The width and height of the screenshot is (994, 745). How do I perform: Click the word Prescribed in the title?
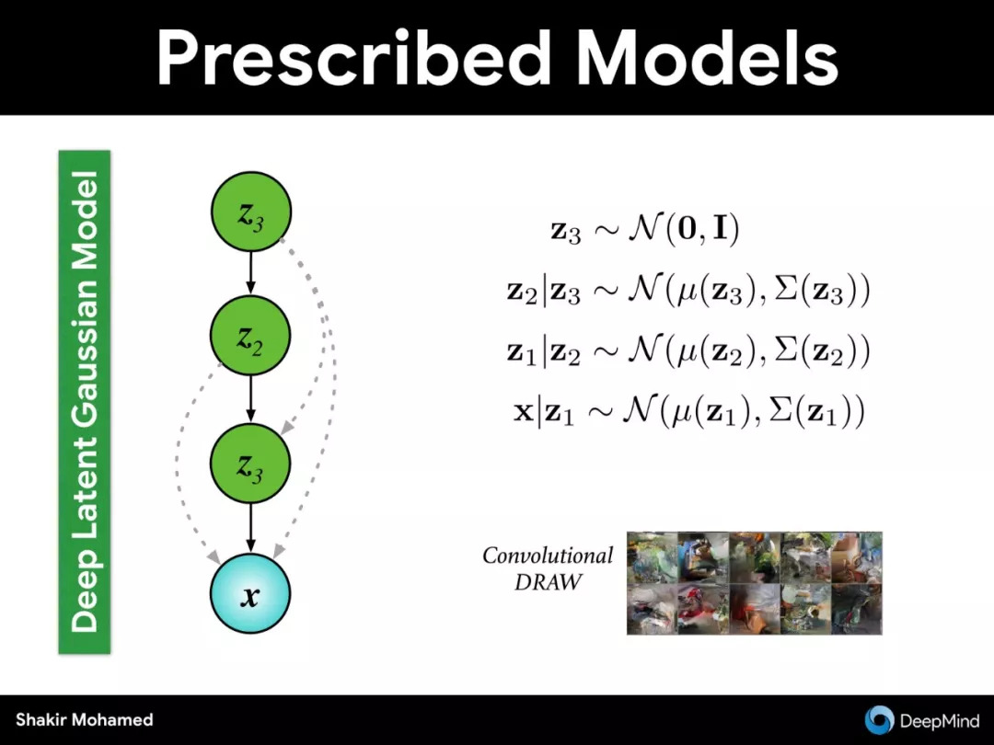tap(353, 58)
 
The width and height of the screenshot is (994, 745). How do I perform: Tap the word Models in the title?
tap(708, 58)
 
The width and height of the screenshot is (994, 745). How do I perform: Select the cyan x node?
tap(250, 593)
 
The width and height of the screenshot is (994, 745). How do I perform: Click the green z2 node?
tap(250, 336)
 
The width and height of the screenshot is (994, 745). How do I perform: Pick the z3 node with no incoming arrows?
tap(251, 212)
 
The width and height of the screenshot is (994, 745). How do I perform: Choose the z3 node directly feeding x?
tap(250, 463)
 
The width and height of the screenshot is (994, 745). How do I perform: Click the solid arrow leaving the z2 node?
tap(250, 400)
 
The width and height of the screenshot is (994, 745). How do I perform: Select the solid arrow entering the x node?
tap(250, 528)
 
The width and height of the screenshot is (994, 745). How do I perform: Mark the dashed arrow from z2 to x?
tap(178, 456)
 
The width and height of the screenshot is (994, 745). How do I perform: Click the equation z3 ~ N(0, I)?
tap(645, 229)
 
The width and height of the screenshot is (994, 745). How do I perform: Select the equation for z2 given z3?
tap(688, 291)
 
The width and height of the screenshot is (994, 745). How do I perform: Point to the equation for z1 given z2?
tap(688, 351)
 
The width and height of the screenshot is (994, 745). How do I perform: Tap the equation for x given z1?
tap(688, 412)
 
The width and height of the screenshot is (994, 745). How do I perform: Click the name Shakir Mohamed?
tap(85, 719)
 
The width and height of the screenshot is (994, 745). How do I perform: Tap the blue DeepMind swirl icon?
tap(879, 720)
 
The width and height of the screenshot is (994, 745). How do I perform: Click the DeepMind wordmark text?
tap(940, 721)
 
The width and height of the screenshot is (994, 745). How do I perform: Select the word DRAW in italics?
tap(548, 582)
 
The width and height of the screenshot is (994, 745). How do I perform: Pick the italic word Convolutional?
tap(548, 556)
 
